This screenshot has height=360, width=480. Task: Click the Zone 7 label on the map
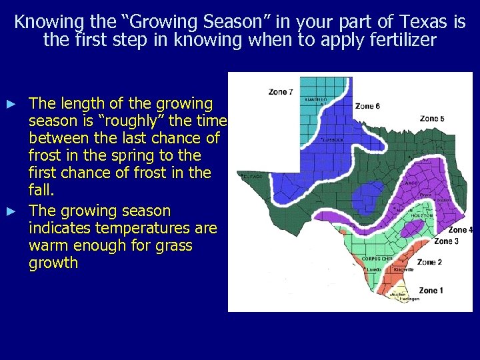click(281, 91)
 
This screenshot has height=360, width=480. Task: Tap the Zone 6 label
click(367, 106)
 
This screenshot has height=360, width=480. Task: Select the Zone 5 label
click(433, 119)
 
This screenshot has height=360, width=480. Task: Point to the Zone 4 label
click(461, 230)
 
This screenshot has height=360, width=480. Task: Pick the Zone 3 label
click(446, 241)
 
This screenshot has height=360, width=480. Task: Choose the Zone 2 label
click(429, 262)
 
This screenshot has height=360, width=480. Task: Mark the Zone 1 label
click(431, 291)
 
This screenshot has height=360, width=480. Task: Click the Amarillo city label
click(317, 99)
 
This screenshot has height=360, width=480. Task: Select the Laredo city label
click(374, 269)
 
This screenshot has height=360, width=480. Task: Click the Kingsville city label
click(403, 269)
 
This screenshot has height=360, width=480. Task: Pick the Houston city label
click(423, 215)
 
